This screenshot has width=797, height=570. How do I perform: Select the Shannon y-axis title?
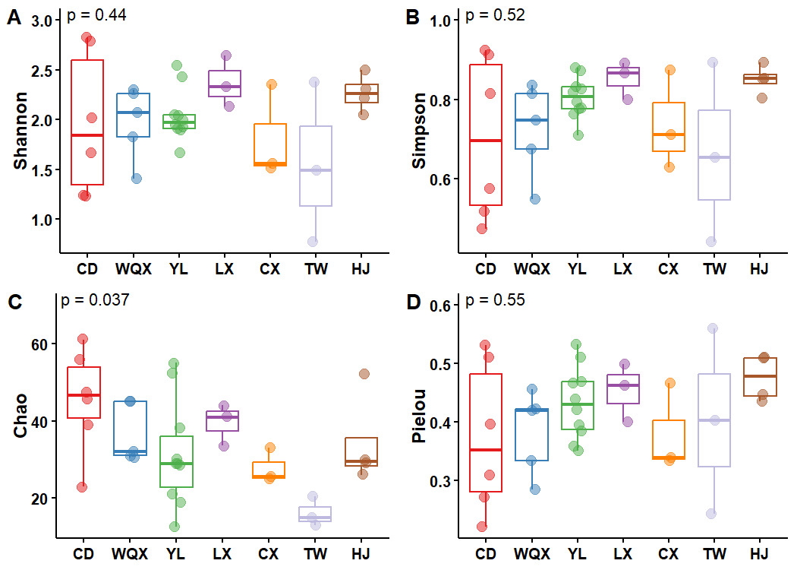tap(20, 131)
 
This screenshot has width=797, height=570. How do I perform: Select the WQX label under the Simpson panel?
tap(529, 268)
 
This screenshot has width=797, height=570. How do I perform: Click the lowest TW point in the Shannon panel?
tap(313, 242)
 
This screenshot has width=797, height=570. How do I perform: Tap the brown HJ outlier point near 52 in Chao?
tap(364, 374)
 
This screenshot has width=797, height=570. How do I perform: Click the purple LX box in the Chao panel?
tap(223, 421)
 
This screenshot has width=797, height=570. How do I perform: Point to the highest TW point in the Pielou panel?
tap(713, 328)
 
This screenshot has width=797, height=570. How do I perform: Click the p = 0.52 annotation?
tap(494, 15)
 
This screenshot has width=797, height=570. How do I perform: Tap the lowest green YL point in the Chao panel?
tap(175, 526)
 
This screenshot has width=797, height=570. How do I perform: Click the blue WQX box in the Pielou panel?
tap(532, 435)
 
